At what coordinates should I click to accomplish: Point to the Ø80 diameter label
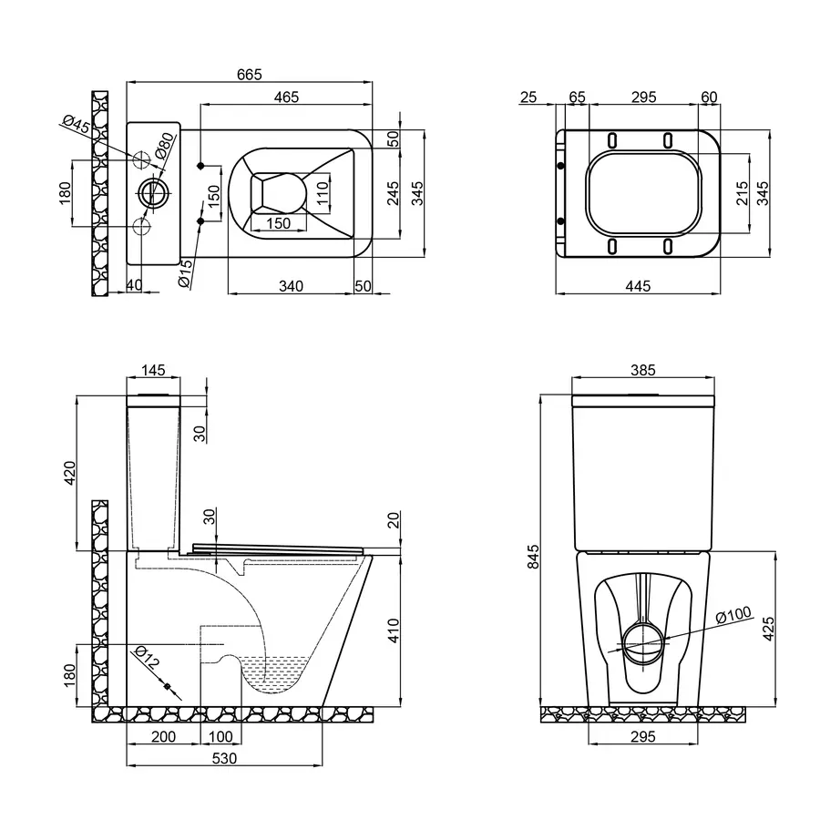(164, 146)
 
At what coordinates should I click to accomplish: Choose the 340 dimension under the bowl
(290, 286)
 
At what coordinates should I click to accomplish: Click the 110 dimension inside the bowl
(322, 192)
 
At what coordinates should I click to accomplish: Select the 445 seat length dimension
(637, 286)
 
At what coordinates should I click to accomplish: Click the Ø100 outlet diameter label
(733, 616)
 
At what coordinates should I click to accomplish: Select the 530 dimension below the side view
(224, 758)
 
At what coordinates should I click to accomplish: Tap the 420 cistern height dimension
(71, 474)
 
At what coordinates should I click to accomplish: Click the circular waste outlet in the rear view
(644, 639)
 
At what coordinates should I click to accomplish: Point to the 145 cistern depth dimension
(153, 370)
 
